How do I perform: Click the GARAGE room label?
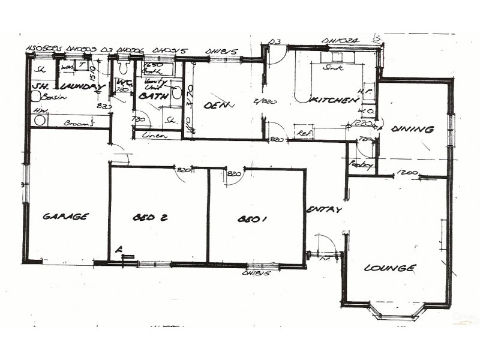pos(66,217)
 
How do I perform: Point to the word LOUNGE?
pos(389,268)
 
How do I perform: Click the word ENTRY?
pos(324,210)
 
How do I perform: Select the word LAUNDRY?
pos(79,88)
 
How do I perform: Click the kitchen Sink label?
pos(331,68)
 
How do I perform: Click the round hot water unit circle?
pos(40,120)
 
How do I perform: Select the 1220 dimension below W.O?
pos(360,124)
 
